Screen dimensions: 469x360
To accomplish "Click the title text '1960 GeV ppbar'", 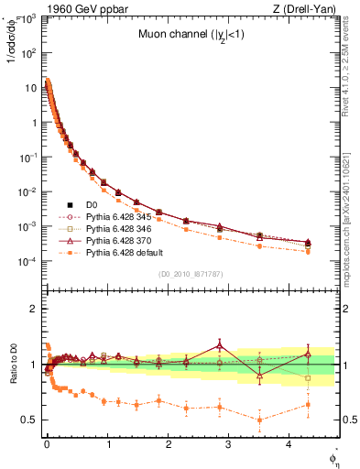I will (79, 9).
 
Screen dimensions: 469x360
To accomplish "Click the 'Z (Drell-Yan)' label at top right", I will (308, 9).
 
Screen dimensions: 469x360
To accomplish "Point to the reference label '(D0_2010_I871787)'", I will (191, 273).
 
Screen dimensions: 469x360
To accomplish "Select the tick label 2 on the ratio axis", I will (33, 309).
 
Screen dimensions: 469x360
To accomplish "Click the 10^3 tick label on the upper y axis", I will (29, 19).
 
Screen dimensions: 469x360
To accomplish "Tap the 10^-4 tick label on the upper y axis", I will (29, 261).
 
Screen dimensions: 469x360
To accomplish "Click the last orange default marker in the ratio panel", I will (308, 404).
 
